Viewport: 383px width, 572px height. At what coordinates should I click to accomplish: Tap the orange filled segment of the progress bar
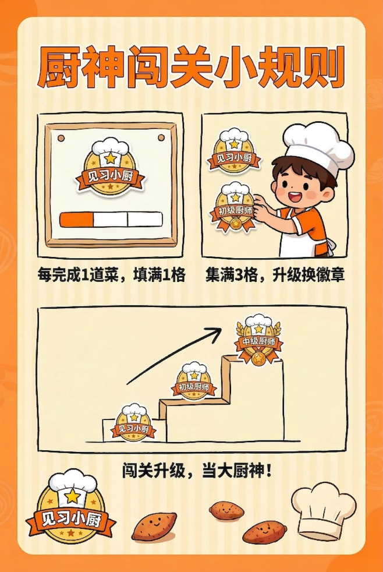77,220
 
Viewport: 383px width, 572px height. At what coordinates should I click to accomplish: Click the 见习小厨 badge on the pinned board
109,167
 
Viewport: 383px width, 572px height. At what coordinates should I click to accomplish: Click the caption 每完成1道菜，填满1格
111,275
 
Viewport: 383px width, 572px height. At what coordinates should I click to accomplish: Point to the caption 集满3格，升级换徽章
275,275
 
